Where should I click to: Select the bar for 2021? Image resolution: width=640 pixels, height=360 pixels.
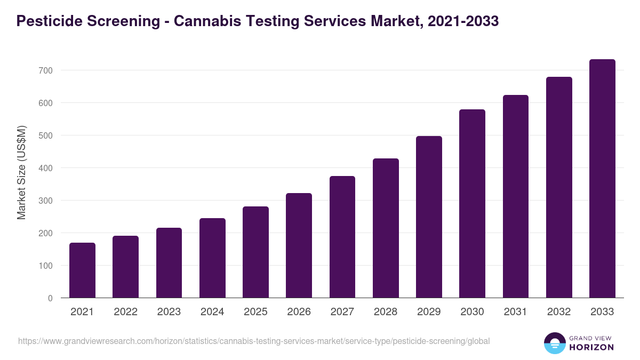(x=82, y=270)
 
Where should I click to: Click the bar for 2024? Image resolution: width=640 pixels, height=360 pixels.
(x=212, y=258)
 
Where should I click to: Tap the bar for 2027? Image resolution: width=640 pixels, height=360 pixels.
(x=342, y=237)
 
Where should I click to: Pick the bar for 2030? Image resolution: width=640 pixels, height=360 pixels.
(x=472, y=204)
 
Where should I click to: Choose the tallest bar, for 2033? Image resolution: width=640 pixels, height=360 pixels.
(x=602, y=179)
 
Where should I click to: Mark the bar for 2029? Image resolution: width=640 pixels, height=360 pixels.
(x=429, y=217)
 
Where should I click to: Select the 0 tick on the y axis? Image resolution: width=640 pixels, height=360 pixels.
(x=50, y=298)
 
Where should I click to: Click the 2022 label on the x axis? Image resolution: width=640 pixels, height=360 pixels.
(x=125, y=312)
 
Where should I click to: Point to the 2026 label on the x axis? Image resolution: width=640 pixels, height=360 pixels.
(x=299, y=312)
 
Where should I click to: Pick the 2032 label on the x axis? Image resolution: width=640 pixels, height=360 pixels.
(x=559, y=312)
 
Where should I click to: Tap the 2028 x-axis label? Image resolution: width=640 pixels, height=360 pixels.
(x=386, y=312)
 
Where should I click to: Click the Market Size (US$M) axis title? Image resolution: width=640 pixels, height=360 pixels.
(x=21, y=172)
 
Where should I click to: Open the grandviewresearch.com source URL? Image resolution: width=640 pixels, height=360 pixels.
(x=254, y=341)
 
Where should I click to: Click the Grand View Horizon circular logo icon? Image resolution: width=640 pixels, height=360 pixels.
(x=554, y=343)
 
